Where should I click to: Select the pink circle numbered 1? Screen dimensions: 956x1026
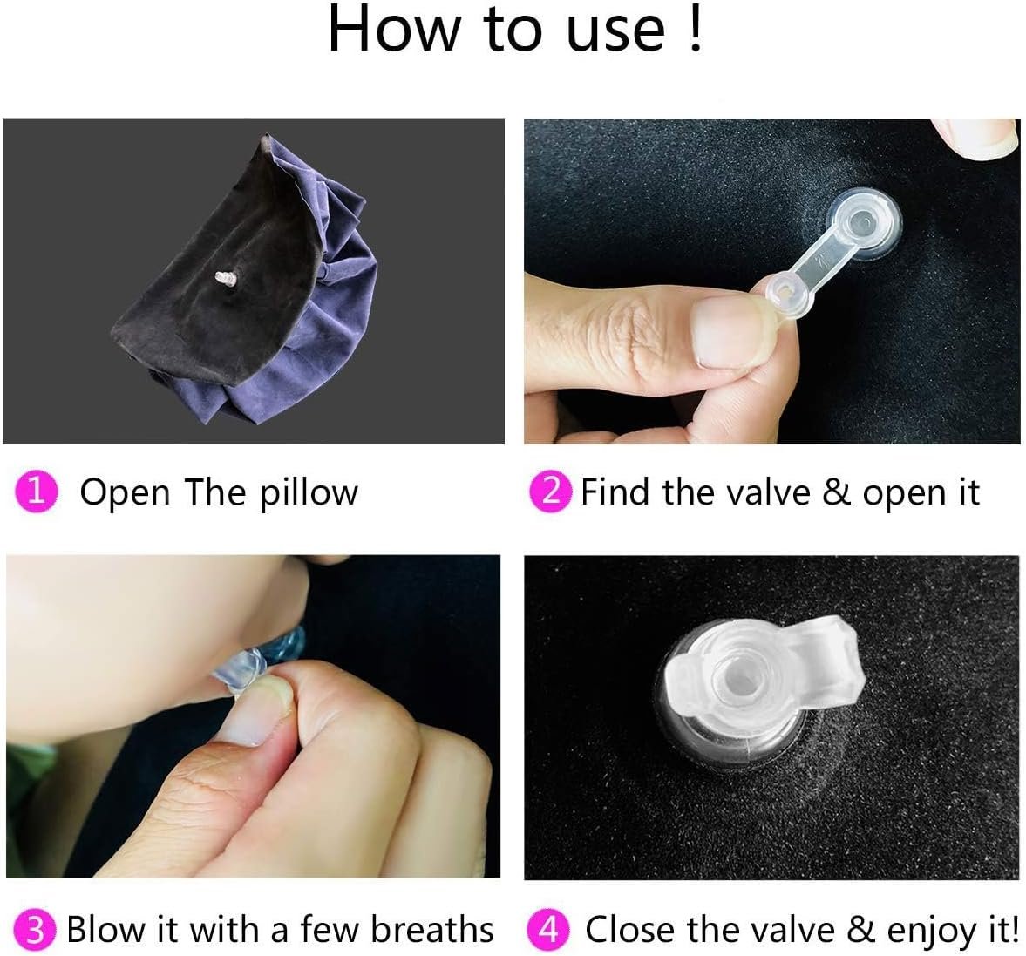click(x=36, y=492)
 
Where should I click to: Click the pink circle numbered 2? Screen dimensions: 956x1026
click(x=551, y=492)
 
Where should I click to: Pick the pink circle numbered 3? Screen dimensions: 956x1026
click(x=36, y=929)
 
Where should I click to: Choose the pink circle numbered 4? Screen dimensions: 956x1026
click(x=548, y=929)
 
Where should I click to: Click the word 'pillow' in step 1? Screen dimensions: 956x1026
click(x=309, y=493)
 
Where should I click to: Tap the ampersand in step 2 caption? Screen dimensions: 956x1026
click(x=836, y=492)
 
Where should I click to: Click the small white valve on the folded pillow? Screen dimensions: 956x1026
click(x=225, y=279)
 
